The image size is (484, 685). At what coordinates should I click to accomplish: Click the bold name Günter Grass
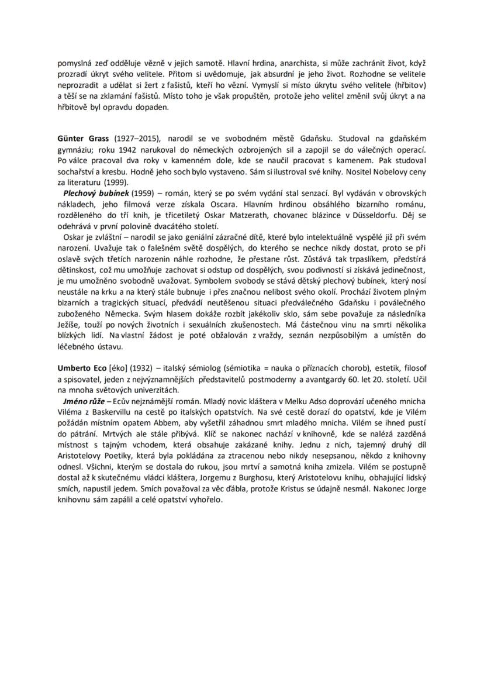pos(83,139)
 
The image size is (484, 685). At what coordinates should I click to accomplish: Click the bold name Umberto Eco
pos(82,368)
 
